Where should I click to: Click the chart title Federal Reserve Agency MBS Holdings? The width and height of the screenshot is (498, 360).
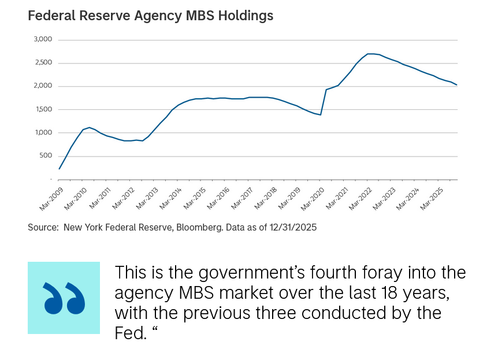click(150, 16)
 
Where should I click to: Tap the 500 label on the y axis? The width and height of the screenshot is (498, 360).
click(46, 155)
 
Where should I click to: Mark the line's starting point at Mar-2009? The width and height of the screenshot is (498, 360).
click(59, 169)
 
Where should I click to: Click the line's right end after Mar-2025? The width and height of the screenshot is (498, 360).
click(457, 85)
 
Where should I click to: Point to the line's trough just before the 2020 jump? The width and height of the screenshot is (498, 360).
click(320, 115)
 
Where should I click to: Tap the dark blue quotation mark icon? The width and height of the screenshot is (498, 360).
click(64, 298)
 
